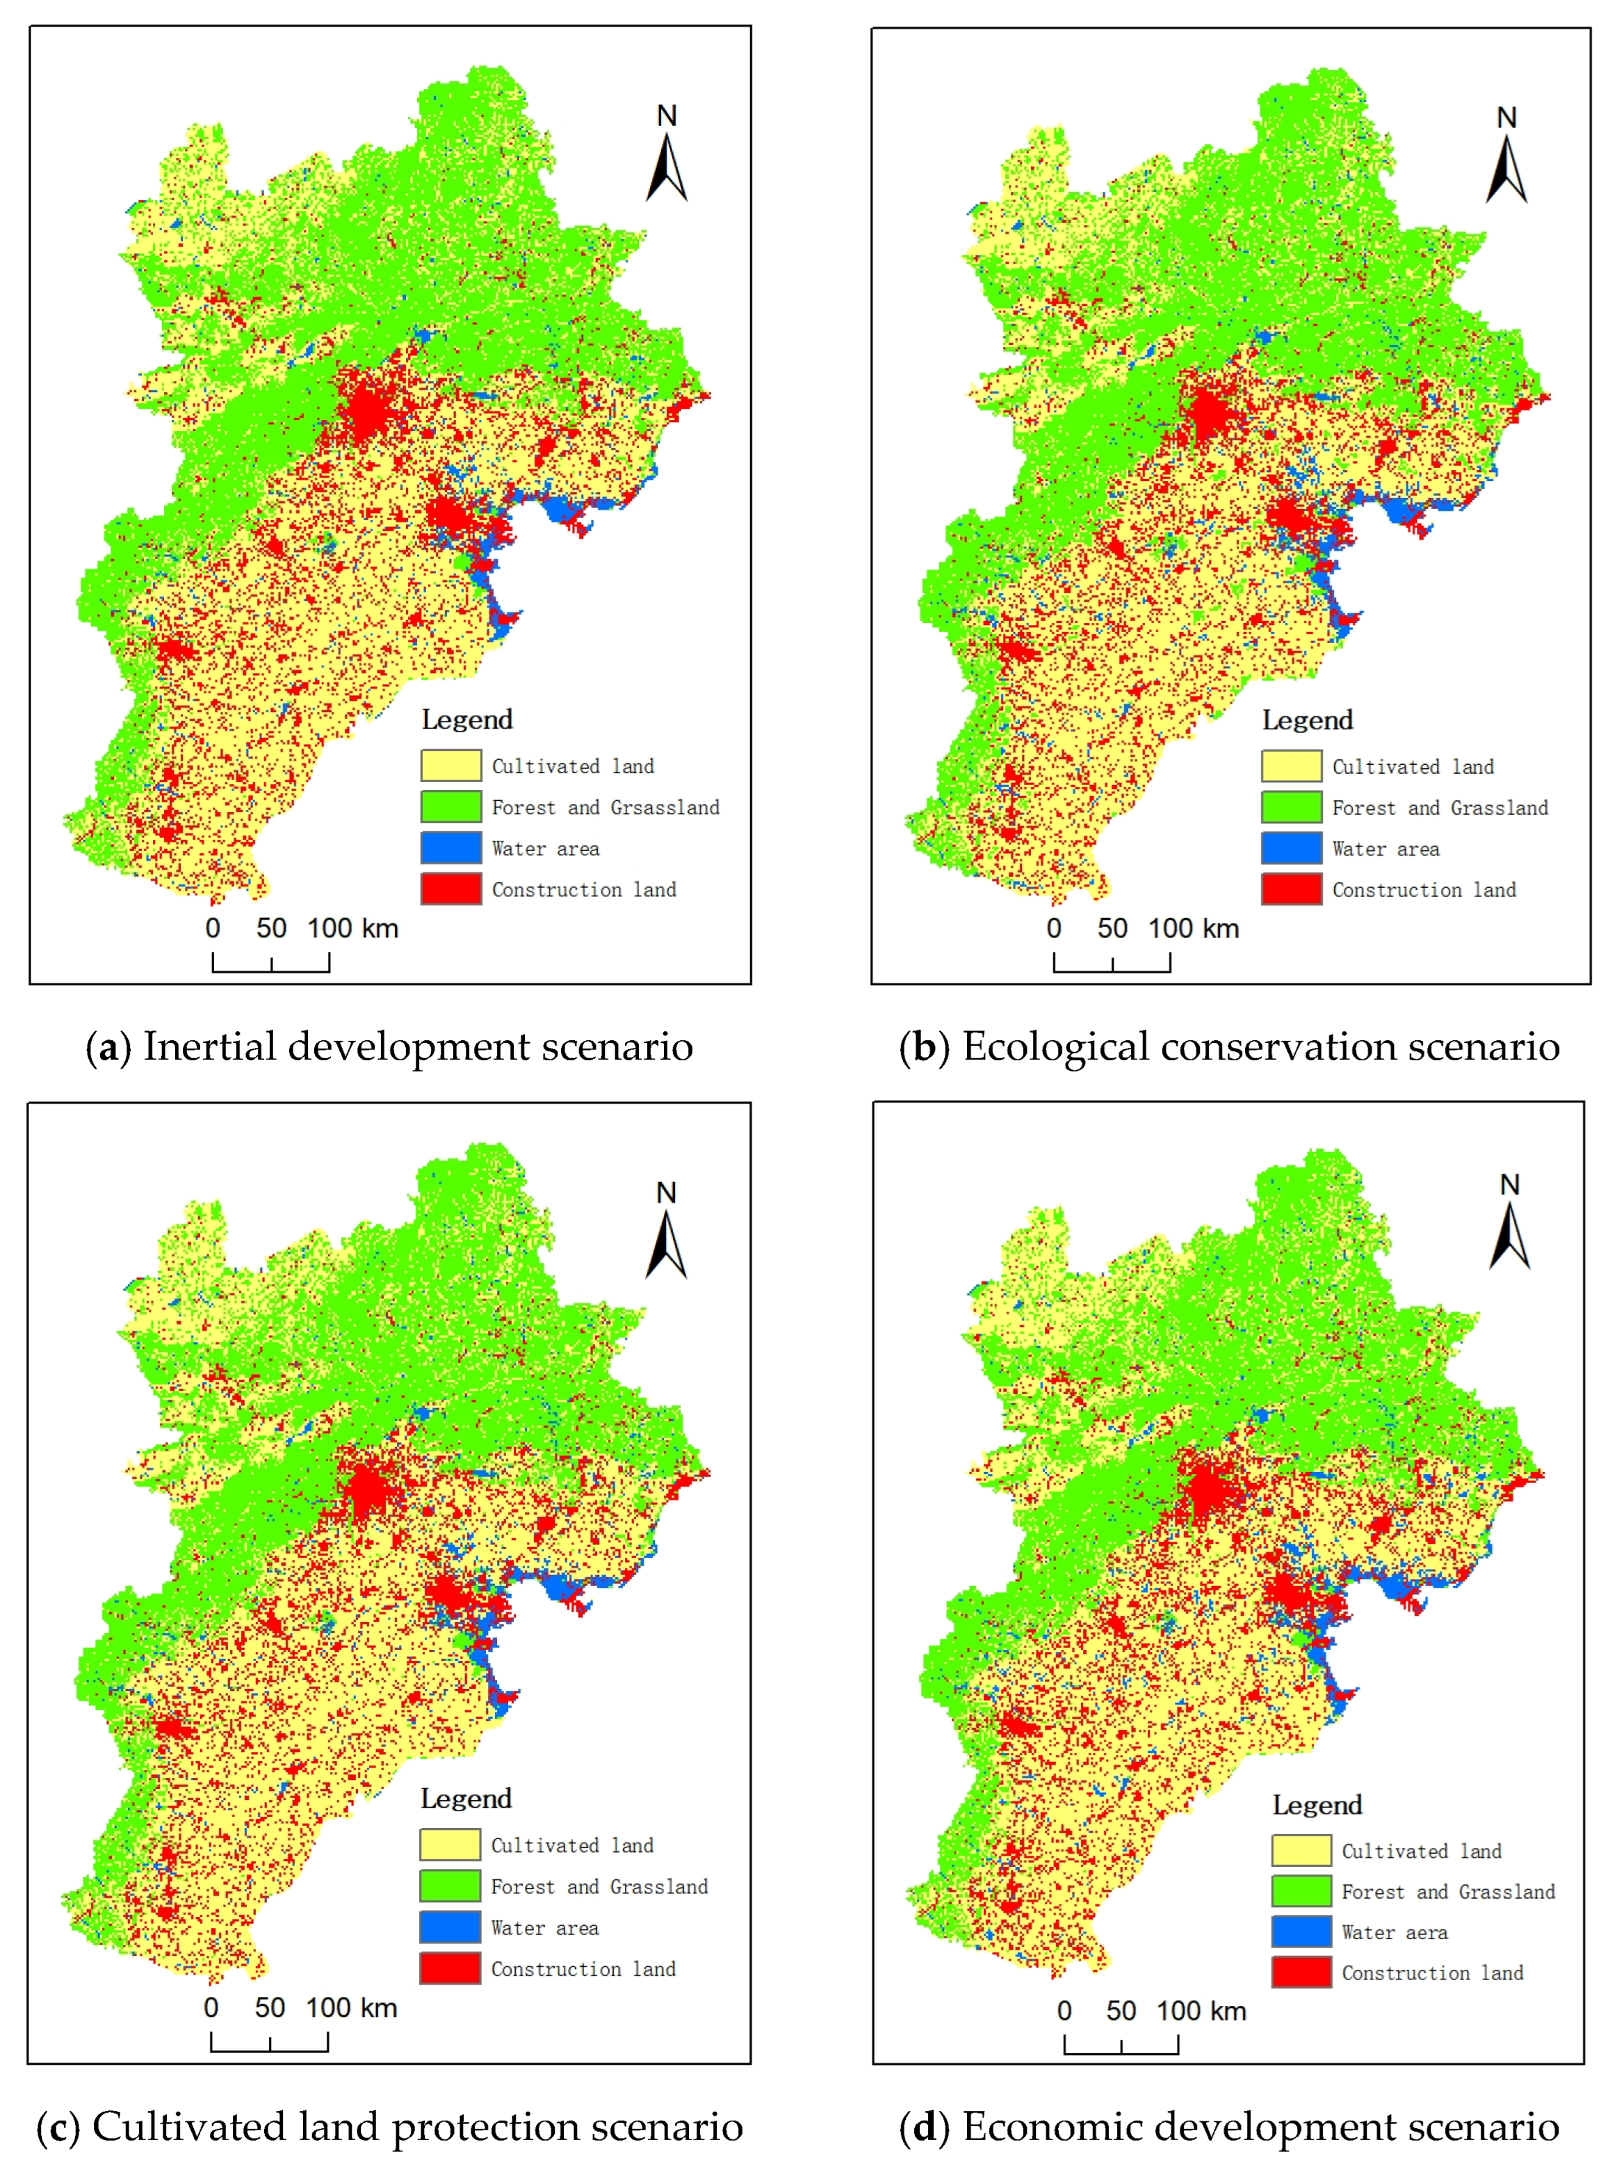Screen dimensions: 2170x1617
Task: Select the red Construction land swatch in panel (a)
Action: (x=451, y=889)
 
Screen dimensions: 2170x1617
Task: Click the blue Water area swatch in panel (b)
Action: (x=1291, y=848)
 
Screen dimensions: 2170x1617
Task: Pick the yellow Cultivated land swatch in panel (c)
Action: (x=450, y=1844)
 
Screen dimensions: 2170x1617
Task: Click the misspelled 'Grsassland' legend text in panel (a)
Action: (x=665, y=807)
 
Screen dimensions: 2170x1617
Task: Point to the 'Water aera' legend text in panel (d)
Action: (x=1394, y=1932)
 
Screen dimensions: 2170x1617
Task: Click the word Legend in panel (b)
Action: (x=1307, y=720)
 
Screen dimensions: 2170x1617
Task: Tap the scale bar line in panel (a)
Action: (x=271, y=970)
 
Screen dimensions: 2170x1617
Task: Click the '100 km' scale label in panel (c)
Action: (x=351, y=2007)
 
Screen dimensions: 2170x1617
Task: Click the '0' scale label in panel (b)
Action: (x=1053, y=928)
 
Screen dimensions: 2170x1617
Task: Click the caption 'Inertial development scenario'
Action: (x=418, y=1046)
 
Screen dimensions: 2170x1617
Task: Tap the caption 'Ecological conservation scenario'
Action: (x=1260, y=1046)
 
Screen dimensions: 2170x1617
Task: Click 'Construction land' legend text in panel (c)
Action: (x=583, y=1968)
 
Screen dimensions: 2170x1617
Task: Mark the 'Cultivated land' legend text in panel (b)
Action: (x=1413, y=766)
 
